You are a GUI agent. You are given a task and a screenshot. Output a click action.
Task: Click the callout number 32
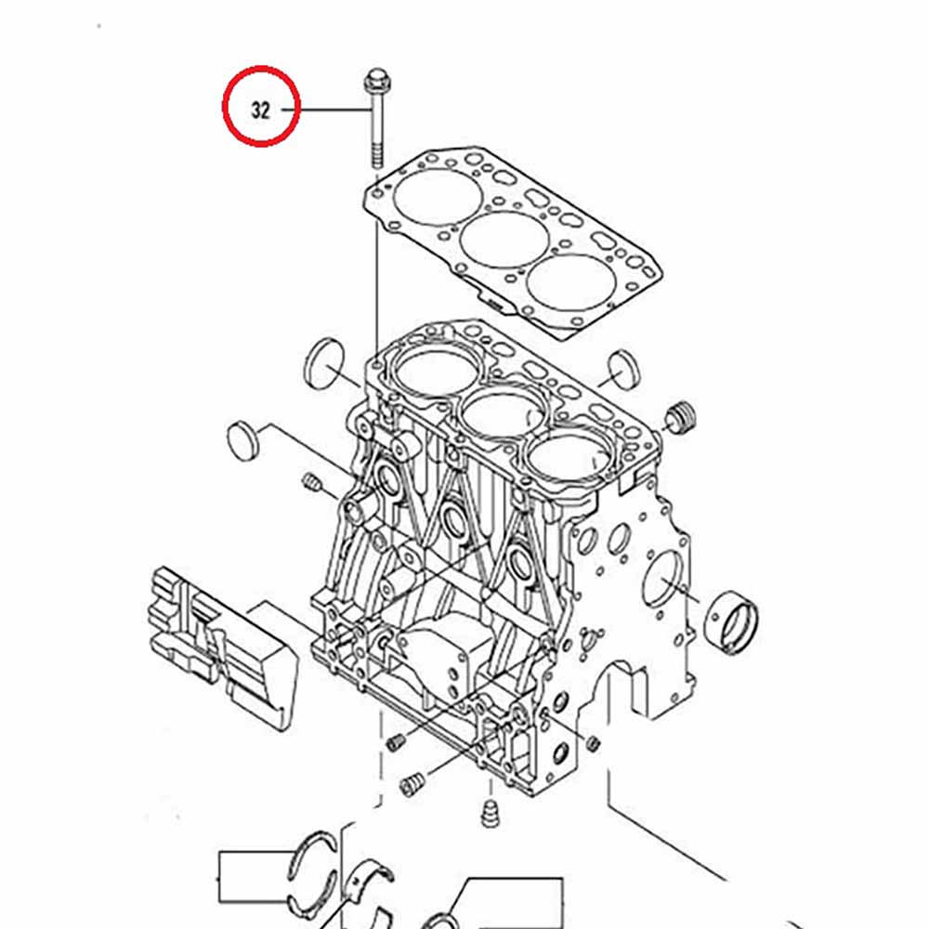point(261,111)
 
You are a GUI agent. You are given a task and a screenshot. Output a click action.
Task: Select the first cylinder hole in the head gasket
point(437,195)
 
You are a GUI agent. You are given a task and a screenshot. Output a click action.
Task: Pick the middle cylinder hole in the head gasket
point(504,240)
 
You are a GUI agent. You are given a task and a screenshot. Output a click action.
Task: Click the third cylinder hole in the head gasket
point(571,283)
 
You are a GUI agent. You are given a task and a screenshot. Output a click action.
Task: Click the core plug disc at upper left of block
point(324,363)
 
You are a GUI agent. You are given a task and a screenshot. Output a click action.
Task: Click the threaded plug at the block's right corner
point(680,416)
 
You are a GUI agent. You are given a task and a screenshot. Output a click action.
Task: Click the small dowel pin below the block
point(490,814)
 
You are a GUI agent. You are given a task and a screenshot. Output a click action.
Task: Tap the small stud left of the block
point(311,482)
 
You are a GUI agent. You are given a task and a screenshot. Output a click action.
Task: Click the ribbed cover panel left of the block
point(222,646)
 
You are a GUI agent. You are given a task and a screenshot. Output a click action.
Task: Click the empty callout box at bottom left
point(255,878)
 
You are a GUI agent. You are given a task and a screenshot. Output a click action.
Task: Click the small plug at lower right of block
point(593,742)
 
